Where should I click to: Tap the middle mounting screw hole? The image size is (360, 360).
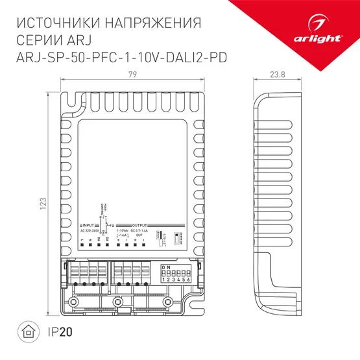tap(117, 302)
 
